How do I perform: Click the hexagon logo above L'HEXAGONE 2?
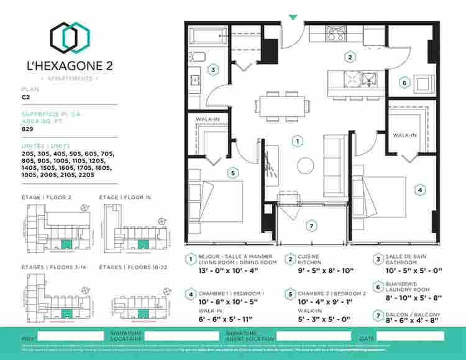[x=67, y=37]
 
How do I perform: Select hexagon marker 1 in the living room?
[x=299, y=141]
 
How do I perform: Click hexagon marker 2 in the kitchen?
[x=350, y=57]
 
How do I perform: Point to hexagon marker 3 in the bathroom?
[x=212, y=70]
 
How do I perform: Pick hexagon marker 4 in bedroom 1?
[x=420, y=190]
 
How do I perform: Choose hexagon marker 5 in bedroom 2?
[x=233, y=173]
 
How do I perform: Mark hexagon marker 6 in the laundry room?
[x=404, y=82]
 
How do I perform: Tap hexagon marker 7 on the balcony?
[x=312, y=225]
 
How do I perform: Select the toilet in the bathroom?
[x=197, y=57]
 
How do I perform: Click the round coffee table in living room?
[x=305, y=166]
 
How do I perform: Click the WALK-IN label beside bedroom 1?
[x=404, y=135]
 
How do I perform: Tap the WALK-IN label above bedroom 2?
[x=207, y=119]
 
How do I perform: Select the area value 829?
[x=27, y=129]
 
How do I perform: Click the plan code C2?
[x=25, y=97]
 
